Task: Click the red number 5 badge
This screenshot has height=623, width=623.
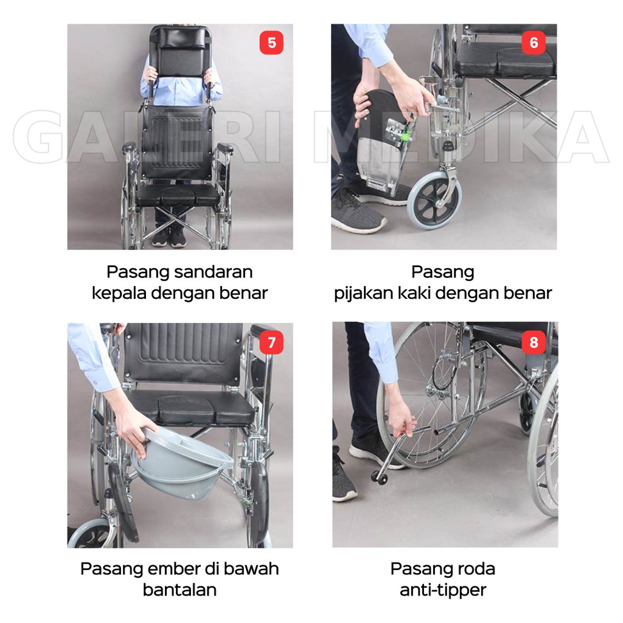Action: coord(271,43)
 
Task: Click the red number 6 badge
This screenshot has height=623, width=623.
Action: coord(534,43)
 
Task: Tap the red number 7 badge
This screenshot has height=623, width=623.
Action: coord(271,342)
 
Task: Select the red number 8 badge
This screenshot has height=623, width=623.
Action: coord(534,342)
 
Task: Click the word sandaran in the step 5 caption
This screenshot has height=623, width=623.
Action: coord(214,272)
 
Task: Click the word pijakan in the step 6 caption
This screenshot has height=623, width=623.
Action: coord(363,293)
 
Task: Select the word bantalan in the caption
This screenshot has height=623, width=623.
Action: coord(179,590)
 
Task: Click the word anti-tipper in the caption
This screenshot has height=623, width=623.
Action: coord(443,590)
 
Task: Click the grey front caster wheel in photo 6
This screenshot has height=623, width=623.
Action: coord(434,200)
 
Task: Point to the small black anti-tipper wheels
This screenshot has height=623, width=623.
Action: coord(380,478)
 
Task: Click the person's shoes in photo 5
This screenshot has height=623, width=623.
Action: coord(169,237)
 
